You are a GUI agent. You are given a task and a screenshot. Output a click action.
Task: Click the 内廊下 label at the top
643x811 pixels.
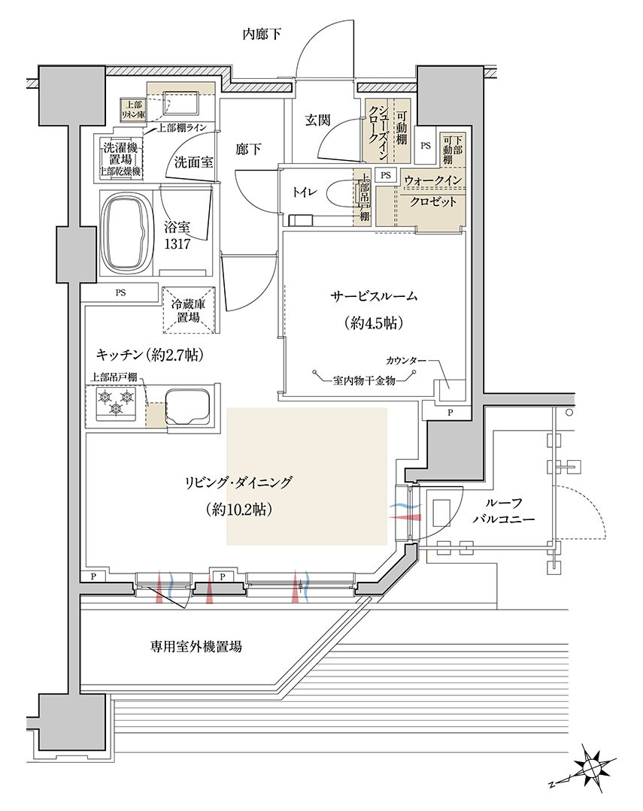262,34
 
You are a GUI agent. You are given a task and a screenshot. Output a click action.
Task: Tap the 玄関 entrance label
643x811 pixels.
317,120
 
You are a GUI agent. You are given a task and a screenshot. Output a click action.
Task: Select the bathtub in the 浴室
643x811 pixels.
126,232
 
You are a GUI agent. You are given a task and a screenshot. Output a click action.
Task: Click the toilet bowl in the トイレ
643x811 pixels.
340,192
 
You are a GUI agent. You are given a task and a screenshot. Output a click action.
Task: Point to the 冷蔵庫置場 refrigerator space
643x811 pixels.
189,310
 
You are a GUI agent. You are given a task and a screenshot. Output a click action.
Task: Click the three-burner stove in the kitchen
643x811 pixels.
116,404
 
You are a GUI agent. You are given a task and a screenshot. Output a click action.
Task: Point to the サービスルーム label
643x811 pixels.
374,296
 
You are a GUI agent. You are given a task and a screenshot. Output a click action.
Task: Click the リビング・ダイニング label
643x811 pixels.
238,483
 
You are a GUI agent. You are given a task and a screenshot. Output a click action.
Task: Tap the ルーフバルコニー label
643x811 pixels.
503,510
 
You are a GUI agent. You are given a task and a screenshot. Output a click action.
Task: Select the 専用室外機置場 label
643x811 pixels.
196,646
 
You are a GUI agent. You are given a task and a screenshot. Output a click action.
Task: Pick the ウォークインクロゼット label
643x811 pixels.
433,191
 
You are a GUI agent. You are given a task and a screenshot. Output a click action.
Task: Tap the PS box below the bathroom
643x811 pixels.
120,292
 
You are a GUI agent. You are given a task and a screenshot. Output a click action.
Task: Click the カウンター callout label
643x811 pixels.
405,360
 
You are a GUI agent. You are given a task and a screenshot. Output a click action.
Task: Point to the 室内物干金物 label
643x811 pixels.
365,380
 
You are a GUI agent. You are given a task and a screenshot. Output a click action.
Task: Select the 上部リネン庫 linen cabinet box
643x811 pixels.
133,110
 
